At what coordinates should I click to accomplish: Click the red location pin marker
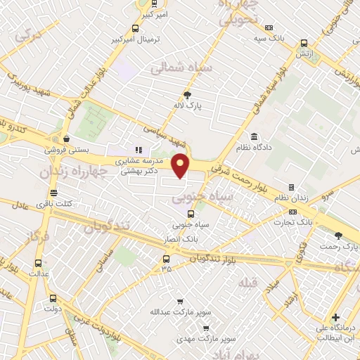181,165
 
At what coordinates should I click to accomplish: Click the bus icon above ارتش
304,42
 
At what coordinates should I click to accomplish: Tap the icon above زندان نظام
292,188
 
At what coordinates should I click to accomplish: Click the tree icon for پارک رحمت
338,236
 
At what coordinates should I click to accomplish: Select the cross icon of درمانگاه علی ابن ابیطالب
336,318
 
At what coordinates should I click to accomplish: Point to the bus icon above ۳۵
166,258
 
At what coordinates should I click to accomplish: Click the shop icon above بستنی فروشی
65,139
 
